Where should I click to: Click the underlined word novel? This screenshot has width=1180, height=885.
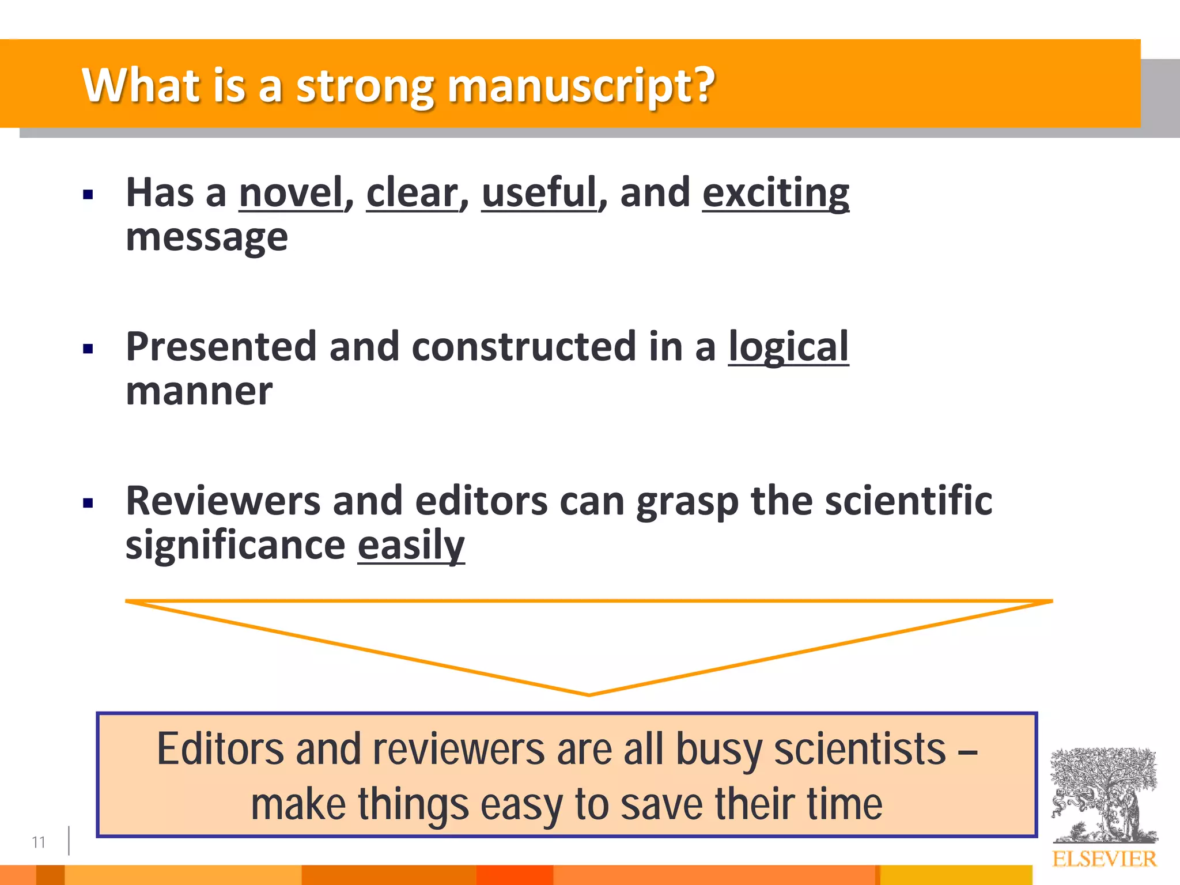pyautogui.click(x=291, y=192)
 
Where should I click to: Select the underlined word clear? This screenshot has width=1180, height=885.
pyautogui.click(x=412, y=192)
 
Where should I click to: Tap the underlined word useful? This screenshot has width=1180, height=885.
pyautogui.click(x=539, y=192)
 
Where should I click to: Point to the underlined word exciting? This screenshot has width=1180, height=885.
pyautogui.click(x=776, y=194)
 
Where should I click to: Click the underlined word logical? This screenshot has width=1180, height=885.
pyautogui.click(x=788, y=347)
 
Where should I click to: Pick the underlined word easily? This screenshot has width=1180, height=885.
pyautogui.click(x=411, y=545)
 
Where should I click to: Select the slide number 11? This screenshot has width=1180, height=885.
pyautogui.click(x=39, y=842)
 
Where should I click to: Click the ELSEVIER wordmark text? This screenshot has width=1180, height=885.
pyautogui.click(x=1104, y=859)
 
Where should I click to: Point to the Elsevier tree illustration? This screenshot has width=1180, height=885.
pyautogui.click(x=1103, y=795)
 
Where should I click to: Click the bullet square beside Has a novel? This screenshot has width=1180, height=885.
pyautogui.click(x=88, y=194)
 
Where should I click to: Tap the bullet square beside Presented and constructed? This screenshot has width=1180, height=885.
pyautogui.click(x=88, y=349)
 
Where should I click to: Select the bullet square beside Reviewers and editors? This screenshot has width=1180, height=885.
pyautogui.click(x=88, y=503)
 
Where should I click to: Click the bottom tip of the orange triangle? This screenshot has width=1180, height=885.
pyautogui.click(x=589, y=694)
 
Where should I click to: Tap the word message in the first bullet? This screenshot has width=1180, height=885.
pyautogui.click(x=207, y=237)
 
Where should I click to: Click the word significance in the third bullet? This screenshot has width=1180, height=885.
pyautogui.click(x=235, y=545)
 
